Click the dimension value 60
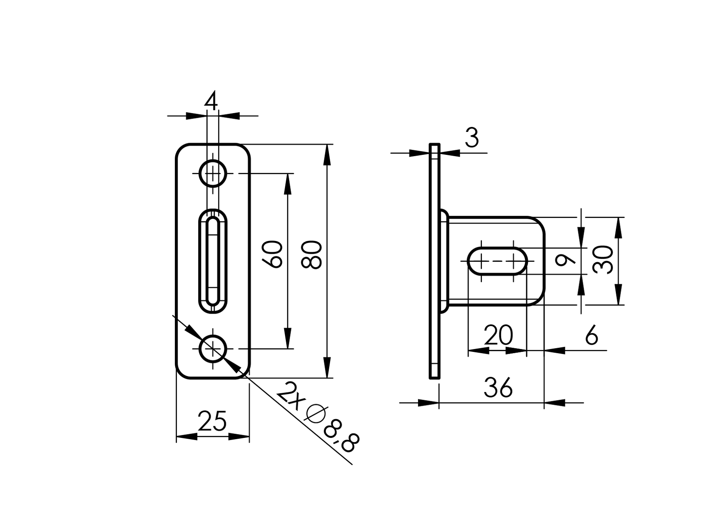pos(273,254)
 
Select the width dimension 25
pos(212,421)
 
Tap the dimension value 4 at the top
pos(212,101)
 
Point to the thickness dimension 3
pos(472,138)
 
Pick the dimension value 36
pos(498,388)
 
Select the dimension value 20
pos(498,335)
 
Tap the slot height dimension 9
pos(566,261)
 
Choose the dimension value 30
pos(604,260)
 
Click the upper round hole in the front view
pos(213,173)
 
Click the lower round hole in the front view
pos(213,349)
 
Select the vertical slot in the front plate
pos(213,261)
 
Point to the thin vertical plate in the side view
pos(434,261)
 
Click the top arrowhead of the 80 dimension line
pos(327,154)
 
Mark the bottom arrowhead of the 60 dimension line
pos(287,338)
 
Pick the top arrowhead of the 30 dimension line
pos(618,228)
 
